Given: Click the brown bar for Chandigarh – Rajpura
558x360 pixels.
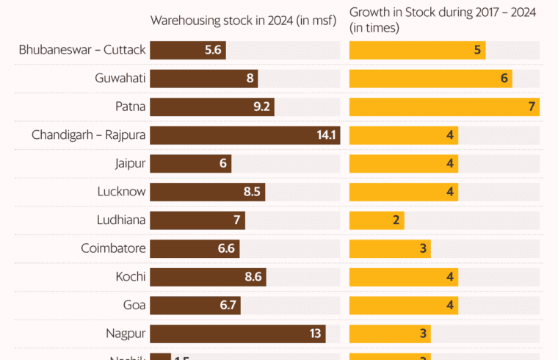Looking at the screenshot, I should click(244, 135).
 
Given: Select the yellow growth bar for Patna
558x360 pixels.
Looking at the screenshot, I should click(444, 107).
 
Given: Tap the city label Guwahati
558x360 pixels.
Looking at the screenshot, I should click(120, 79).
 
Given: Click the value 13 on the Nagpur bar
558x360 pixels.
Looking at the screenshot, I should click(316, 334).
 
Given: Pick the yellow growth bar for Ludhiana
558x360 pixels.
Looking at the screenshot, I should click(376, 220).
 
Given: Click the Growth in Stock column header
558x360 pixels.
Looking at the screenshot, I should click(442, 20).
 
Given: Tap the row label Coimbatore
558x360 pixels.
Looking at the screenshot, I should click(113, 248).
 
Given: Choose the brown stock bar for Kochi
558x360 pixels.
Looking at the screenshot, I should click(208, 277).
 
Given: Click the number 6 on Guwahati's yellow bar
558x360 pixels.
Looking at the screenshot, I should click(504, 79).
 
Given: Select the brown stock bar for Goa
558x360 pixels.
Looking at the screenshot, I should click(195, 305).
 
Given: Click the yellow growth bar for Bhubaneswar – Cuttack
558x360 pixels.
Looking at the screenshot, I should click(416, 51).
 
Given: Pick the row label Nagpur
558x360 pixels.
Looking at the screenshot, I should click(126, 334).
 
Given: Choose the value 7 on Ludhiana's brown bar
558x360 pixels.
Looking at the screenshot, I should click(236, 220).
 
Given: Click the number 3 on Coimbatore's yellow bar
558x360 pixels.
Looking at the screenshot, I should click(423, 248).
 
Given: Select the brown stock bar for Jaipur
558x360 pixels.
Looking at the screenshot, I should click(190, 163).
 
